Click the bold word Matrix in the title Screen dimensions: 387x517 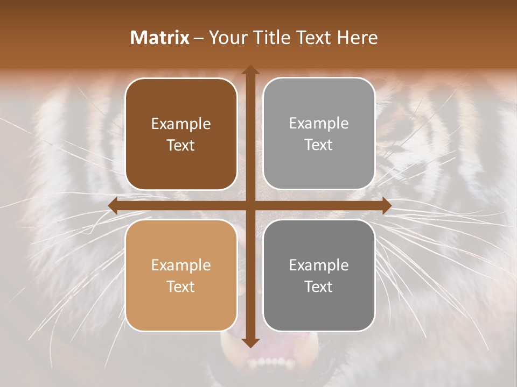160,38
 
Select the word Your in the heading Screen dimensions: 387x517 226,38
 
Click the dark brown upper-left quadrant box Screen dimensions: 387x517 181,102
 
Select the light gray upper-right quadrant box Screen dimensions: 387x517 319,102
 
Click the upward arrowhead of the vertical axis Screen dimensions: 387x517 250,70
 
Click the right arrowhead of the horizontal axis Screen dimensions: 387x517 386,205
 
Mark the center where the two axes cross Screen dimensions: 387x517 250,205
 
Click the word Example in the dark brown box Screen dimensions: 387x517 181,124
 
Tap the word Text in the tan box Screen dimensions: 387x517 181,286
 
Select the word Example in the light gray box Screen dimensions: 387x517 319,123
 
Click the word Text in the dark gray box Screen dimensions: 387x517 319,286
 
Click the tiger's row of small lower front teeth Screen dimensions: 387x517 272,361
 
